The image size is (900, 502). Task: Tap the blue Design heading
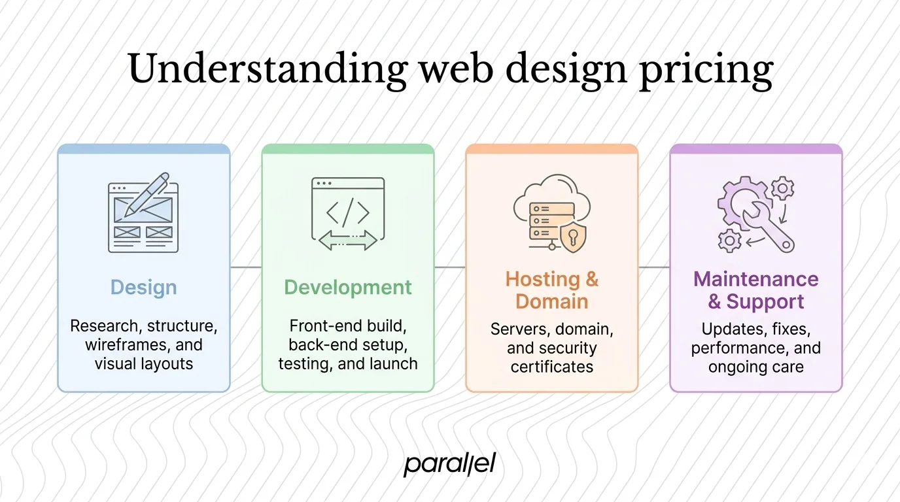tap(143, 288)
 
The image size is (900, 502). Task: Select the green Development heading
tap(348, 288)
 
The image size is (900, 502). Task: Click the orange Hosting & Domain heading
tap(551, 290)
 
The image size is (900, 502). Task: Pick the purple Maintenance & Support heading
tap(755, 290)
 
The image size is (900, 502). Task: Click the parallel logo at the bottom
tap(450, 464)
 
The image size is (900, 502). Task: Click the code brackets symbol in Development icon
tap(347, 212)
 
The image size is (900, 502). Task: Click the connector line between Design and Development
tap(246, 267)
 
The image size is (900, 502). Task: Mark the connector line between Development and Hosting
tap(450, 267)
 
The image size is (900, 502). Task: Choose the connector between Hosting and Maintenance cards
tap(654, 267)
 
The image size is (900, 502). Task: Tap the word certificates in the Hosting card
tap(551, 367)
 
